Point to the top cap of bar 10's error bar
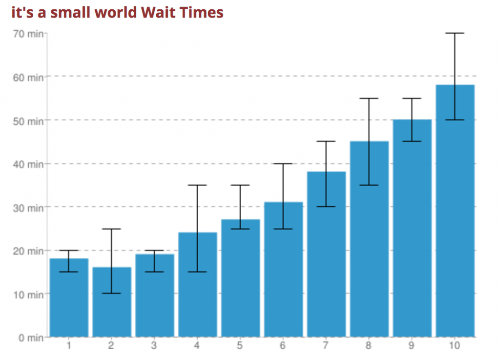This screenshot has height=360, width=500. click(455, 33)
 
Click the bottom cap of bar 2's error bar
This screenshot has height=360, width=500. click(111, 293)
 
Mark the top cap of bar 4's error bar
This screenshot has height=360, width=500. click(197, 185)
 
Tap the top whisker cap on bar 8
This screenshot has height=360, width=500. click(369, 98)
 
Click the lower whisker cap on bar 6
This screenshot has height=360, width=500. click(283, 229)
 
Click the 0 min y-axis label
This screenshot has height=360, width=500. click(31, 338)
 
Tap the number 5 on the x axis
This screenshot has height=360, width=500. click(240, 346)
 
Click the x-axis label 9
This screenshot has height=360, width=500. click(412, 346)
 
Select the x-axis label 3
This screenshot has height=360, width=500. click(154, 346)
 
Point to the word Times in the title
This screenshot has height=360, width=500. click(202, 12)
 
